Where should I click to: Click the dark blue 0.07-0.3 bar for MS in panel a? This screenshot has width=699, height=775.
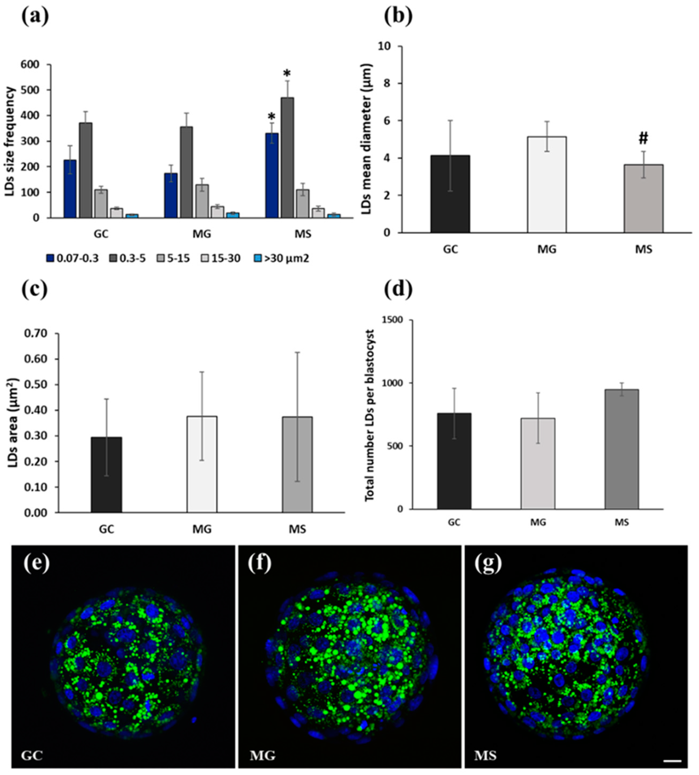click(272, 176)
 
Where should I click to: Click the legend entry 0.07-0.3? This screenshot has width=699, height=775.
click(73, 258)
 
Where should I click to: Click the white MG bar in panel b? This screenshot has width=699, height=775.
click(547, 185)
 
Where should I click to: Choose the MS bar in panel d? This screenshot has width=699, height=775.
click(622, 449)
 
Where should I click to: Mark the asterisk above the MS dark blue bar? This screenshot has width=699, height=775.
click(272, 117)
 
